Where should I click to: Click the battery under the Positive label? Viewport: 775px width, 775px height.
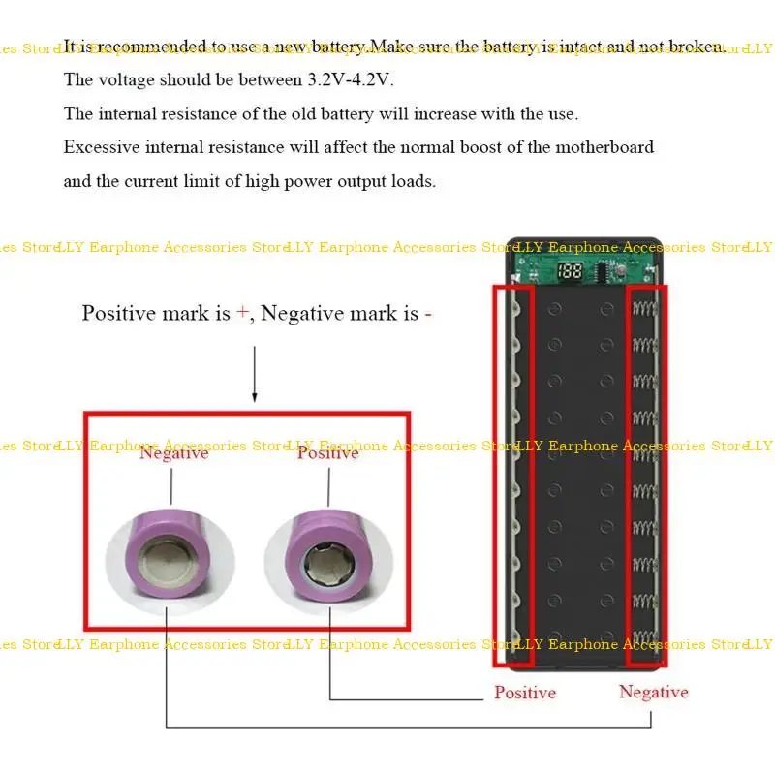point(329,546)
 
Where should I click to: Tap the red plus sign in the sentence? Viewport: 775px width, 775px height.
point(242,313)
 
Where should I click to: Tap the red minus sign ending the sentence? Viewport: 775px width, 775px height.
point(427,314)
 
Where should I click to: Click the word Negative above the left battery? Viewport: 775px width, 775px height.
point(173,452)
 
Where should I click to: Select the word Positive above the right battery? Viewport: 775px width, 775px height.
point(327,452)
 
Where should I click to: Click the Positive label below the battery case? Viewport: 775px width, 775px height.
point(525,693)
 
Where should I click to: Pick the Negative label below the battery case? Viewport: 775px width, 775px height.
point(654,692)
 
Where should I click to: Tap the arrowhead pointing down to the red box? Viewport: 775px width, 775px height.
point(254,396)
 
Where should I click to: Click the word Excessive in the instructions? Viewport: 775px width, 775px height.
point(103,147)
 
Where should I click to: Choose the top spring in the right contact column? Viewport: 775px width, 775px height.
point(645,309)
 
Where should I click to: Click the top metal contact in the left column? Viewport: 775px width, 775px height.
point(515,308)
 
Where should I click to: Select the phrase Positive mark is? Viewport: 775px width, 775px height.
point(156,313)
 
